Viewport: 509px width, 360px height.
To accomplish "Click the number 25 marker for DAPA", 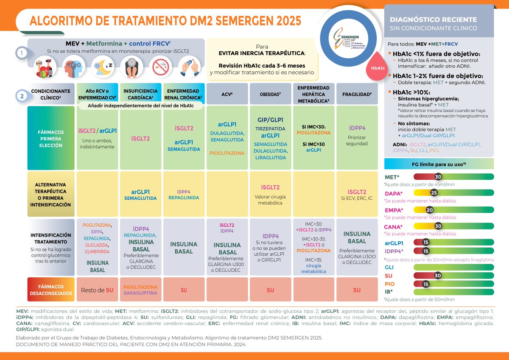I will [x=434, y=192].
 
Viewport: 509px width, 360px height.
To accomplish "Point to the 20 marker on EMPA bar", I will [x=430, y=209].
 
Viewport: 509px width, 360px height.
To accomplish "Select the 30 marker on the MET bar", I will [x=439, y=177].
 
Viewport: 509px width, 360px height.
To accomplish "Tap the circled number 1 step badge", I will [x=20, y=53].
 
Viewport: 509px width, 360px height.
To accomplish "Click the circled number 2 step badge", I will [x=20, y=96].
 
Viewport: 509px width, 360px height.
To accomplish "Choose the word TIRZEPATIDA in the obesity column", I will [x=271, y=128].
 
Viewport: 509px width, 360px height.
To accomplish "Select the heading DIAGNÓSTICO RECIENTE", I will [x=433, y=20].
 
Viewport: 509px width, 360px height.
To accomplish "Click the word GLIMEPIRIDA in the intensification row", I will [x=98, y=251].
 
